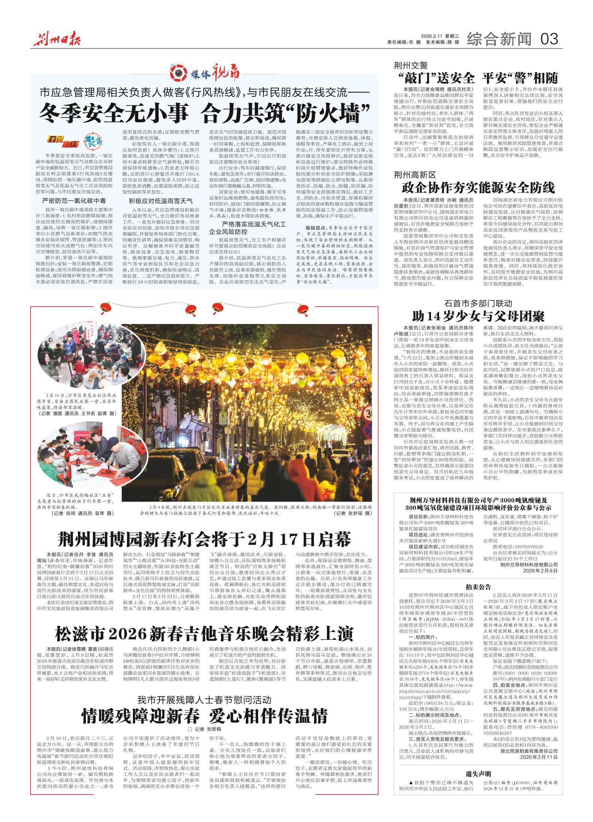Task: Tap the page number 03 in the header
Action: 550,39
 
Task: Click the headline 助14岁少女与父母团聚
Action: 478,316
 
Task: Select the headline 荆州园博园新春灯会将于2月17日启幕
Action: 205,539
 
